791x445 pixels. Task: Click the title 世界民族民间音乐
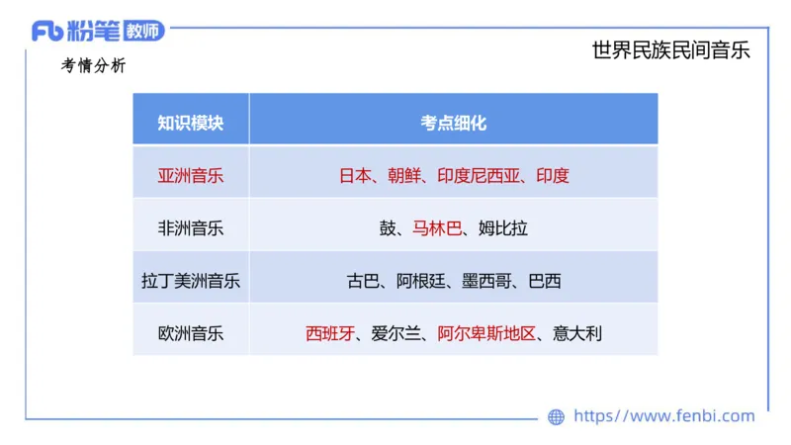coord(670,50)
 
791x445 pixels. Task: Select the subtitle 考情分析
coord(93,66)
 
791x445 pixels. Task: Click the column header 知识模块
coord(191,123)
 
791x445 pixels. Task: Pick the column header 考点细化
coord(454,123)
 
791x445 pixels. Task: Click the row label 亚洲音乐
coord(191,176)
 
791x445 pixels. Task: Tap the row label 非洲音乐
coord(191,228)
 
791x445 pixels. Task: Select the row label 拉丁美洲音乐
coord(191,281)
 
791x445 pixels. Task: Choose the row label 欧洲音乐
coord(191,333)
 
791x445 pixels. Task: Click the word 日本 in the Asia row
coord(355,176)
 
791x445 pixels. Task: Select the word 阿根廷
coord(420,281)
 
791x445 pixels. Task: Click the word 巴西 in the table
coord(545,281)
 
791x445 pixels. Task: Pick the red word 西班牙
coord(330,333)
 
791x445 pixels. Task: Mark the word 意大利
coord(577,333)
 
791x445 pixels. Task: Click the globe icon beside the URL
coord(557,416)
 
